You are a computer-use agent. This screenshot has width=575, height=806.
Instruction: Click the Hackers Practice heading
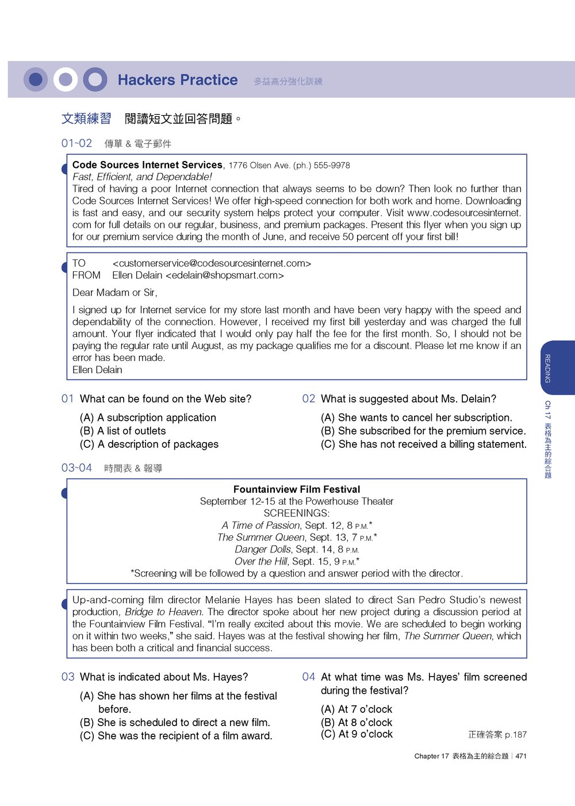pyautogui.click(x=177, y=80)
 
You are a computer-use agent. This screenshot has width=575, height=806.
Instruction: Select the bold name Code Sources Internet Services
pyautogui.click(x=147, y=165)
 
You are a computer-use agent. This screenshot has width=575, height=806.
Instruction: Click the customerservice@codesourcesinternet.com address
pyautogui.click(x=212, y=263)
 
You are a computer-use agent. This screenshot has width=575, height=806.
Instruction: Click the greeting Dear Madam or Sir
pyautogui.click(x=114, y=293)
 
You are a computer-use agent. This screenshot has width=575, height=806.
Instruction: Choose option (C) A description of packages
pyautogui.click(x=149, y=444)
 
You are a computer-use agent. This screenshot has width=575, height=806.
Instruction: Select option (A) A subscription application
pyautogui.click(x=148, y=418)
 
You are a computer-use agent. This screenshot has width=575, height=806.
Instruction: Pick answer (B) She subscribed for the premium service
pyautogui.click(x=423, y=431)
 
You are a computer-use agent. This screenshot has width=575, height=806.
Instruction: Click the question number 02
pyautogui.click(x=309, y=399)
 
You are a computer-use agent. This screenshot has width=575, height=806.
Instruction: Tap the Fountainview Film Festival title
pyautogui.click(x=297, y=489)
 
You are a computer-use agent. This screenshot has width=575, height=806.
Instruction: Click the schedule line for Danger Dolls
pyautogui.click(x=297, y=550)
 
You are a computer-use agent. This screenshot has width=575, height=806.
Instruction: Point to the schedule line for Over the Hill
pyautogui.click(x=297, y=562)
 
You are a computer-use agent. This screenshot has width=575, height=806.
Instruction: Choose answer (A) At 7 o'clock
pyautogui.click(x=356, y=709)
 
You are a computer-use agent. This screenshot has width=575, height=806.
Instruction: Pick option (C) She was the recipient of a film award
pyautogui.click(x=176, y=736)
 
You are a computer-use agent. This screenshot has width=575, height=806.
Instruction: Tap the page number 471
pyautogui.click(x=521, y=756)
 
